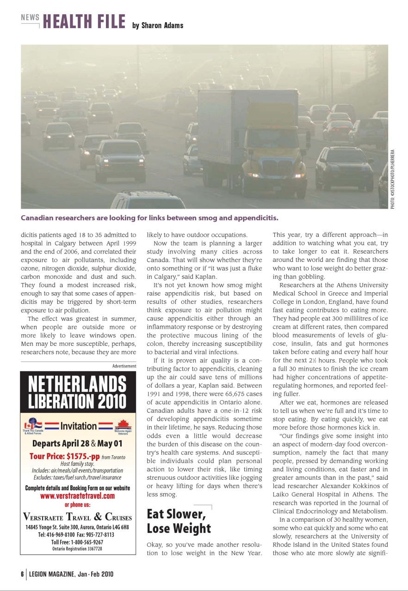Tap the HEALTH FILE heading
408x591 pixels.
click(84, 22)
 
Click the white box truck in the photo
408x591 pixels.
click(252, 139)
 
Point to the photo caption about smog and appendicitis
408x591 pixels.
click(149, 217)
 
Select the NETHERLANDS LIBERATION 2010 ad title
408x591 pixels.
click(77, 392)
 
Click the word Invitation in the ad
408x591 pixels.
click(79, 426)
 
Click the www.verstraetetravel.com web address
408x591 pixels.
click(77, 496)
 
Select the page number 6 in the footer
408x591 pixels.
click(22, 574)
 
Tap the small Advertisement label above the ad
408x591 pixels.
click(124, 366)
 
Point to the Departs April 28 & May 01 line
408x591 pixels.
click(77, 444)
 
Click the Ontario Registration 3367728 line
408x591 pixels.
click(77, 549)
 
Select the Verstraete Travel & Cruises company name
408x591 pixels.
click(77, 517)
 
